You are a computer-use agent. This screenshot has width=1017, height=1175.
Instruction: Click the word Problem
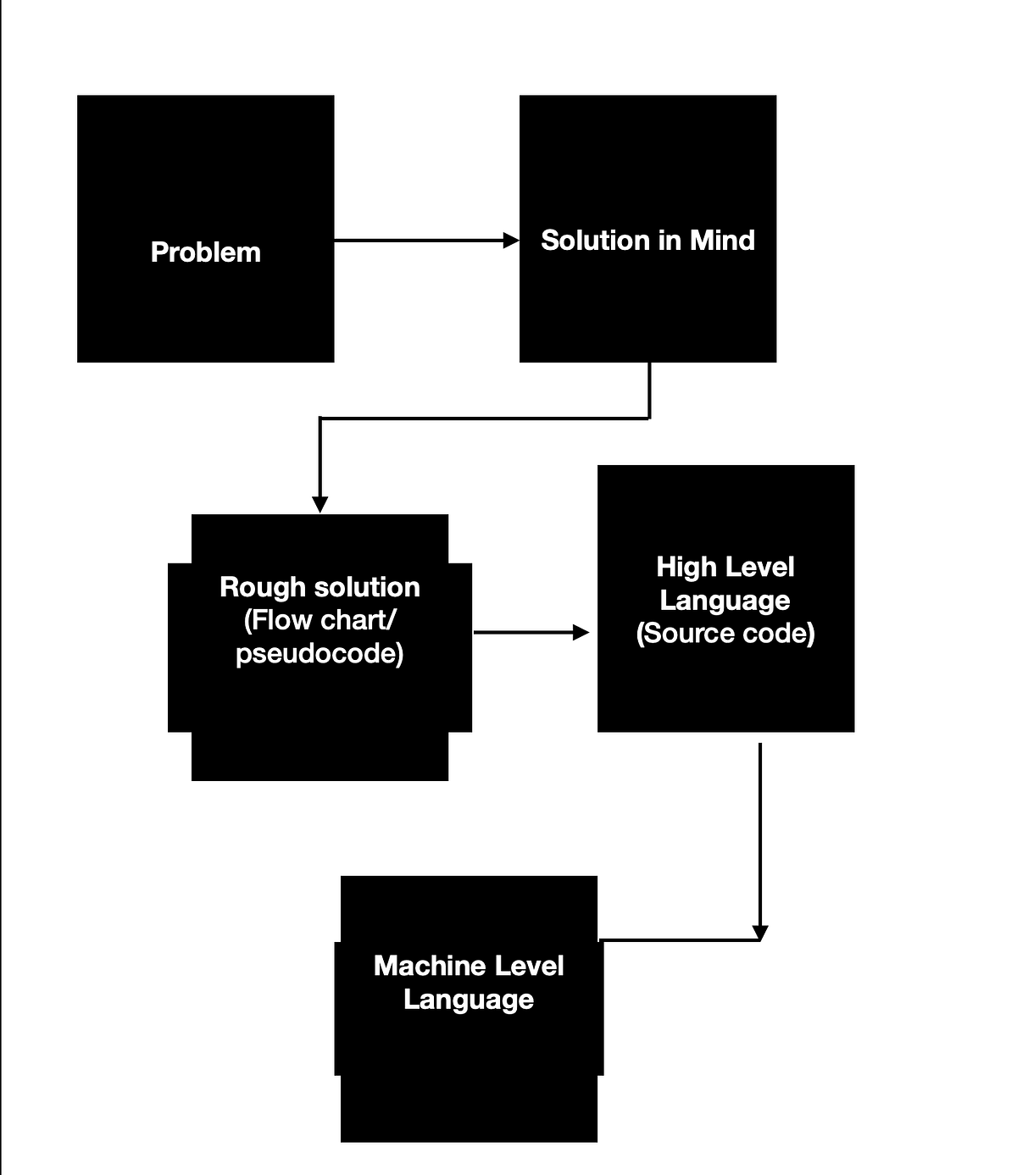tap(205, 252)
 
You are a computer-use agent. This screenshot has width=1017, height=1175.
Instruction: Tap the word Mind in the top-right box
tap(722, 241)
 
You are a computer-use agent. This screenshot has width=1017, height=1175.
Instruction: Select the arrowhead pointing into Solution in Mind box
tap(511, 241)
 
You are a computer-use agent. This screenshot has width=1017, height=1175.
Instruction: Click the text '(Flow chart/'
tap(320, 620)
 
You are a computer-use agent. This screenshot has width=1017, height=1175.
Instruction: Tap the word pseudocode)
tap(320, 654)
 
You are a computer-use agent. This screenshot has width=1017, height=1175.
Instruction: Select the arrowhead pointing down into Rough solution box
tap(320, 505)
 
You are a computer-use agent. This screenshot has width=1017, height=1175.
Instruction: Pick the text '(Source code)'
tap(725, 634)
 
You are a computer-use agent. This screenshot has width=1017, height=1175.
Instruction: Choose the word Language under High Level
tap(725, 601)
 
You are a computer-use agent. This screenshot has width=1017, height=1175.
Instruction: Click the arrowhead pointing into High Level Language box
tap(581, 632)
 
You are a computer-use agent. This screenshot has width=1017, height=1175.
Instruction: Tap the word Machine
tap(422, 966)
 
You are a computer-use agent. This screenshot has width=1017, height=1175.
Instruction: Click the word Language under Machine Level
tap(469, 1000)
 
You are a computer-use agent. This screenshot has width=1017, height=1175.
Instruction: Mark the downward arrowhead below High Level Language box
tap(760, 934)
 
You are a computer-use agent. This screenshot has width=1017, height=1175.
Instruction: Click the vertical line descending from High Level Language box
tap(760, 830)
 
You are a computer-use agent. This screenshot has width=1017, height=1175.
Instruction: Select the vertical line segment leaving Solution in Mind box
tap(649, 390)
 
